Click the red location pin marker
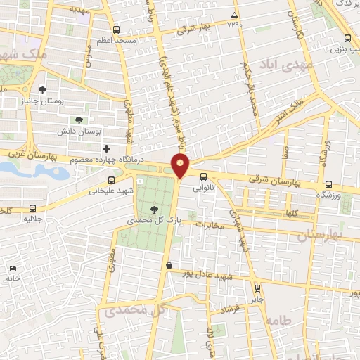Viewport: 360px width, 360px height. point(181,166)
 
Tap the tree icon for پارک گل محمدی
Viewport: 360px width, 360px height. point(154,209)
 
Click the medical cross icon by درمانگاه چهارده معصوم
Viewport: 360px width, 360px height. point(107,148)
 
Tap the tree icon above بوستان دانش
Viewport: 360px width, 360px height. point(79,120)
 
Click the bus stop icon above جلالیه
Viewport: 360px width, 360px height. point(34,208)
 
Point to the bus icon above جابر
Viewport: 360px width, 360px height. point(257,287)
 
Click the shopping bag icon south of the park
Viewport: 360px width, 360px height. point(169,265)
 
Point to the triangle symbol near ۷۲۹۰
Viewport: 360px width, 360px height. point(234,15)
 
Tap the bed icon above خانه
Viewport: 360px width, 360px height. point(13,268)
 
